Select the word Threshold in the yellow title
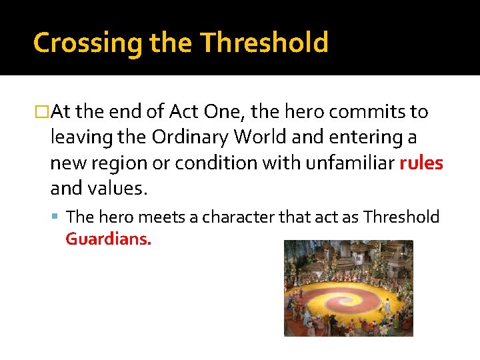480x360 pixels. click(x=264, y=43)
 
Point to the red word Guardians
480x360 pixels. click(x=109, y=239)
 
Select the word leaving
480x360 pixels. click(x=76, y=137)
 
